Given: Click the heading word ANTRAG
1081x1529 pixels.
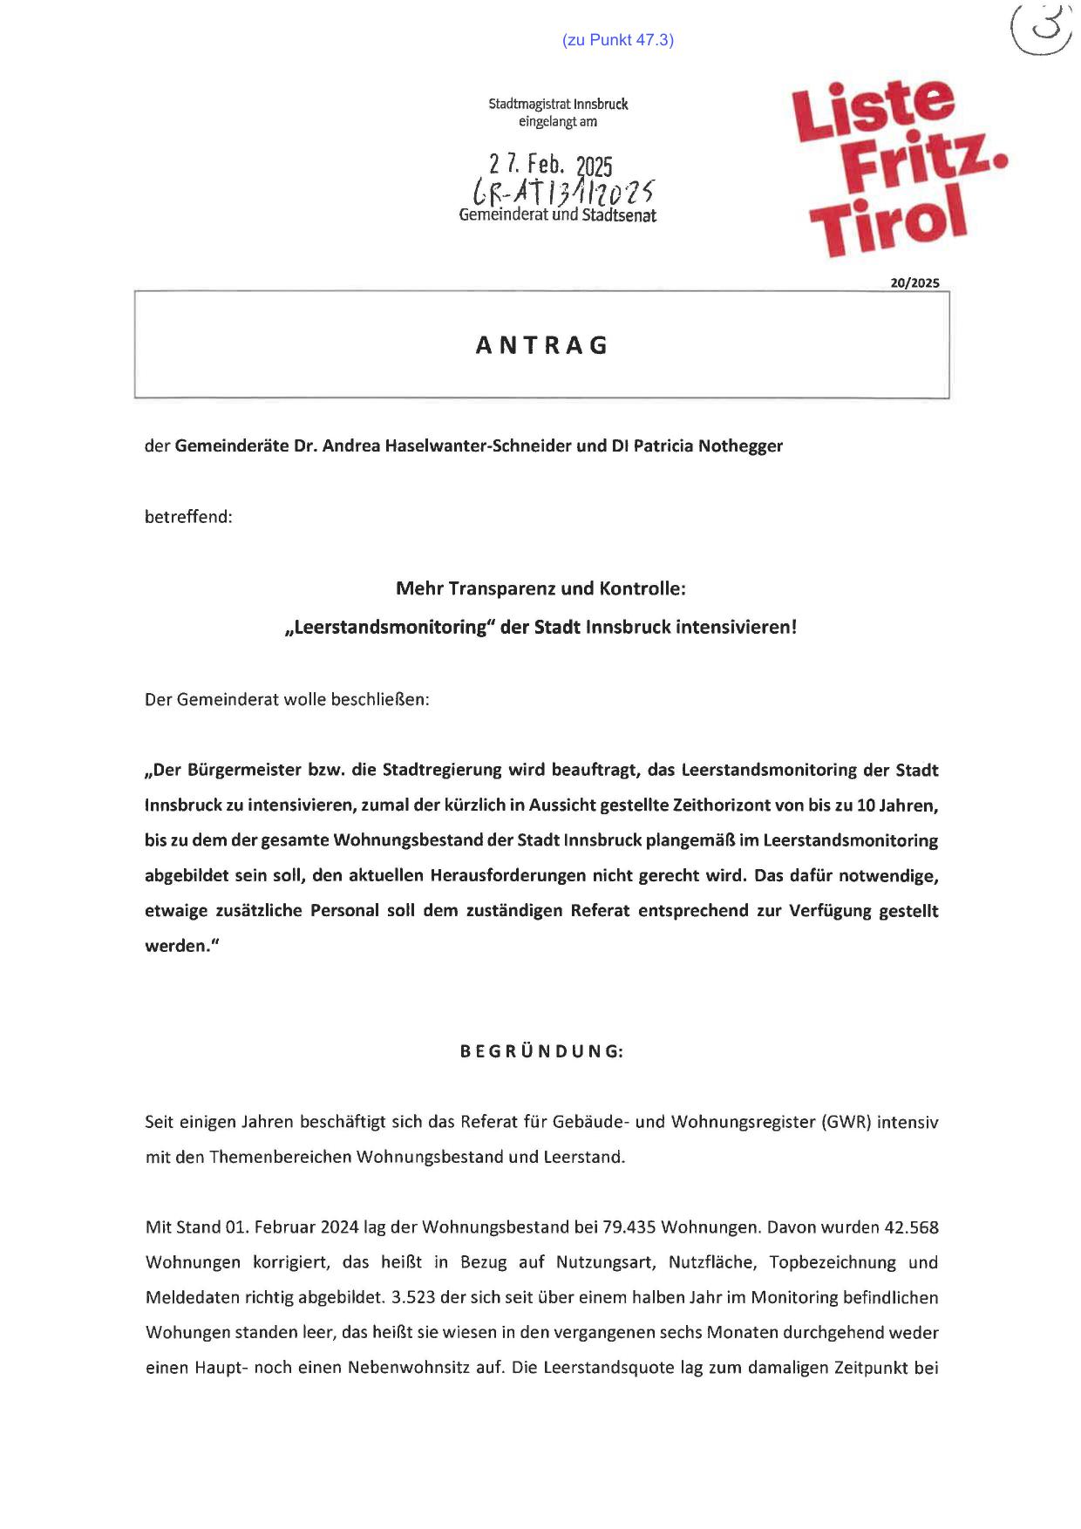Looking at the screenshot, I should point(541,346).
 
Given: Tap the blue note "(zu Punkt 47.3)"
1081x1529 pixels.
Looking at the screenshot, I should point(618,40).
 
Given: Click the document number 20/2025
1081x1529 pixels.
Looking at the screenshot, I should point(914,282).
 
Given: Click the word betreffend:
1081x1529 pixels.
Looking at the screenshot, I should point(188,517).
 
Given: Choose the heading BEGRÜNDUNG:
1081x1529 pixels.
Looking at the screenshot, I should point(541,1051).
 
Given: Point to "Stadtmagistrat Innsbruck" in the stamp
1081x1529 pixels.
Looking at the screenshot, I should point(558,105).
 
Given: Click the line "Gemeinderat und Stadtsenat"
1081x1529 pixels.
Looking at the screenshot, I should point(558,215).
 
